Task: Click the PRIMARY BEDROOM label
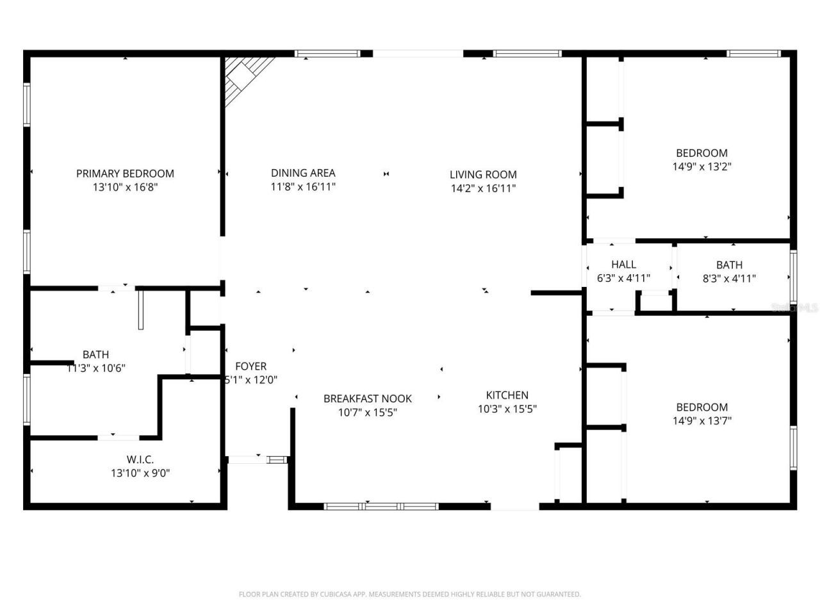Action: (125, 173)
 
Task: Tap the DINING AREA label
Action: (303, 172)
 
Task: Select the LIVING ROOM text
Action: (483, 174)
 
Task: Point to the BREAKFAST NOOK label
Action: (368, 398)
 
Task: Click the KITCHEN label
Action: (507, 395)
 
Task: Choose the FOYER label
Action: (250, 366)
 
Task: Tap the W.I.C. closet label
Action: (140, 459)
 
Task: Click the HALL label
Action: (623, 264)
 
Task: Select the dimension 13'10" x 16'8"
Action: (125, 188)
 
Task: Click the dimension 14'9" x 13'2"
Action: (702, 167)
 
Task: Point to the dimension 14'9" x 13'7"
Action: (702, 421)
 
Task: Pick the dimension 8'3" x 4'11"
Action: (729, 279)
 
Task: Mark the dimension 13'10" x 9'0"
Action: (140, 473)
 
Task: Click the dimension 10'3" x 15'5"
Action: (507, 409)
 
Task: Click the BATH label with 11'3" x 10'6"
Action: (95, 354)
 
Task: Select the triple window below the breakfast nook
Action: (382, 506)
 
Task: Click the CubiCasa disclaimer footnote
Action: (410, 594)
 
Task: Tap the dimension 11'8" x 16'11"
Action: (303, 187)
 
